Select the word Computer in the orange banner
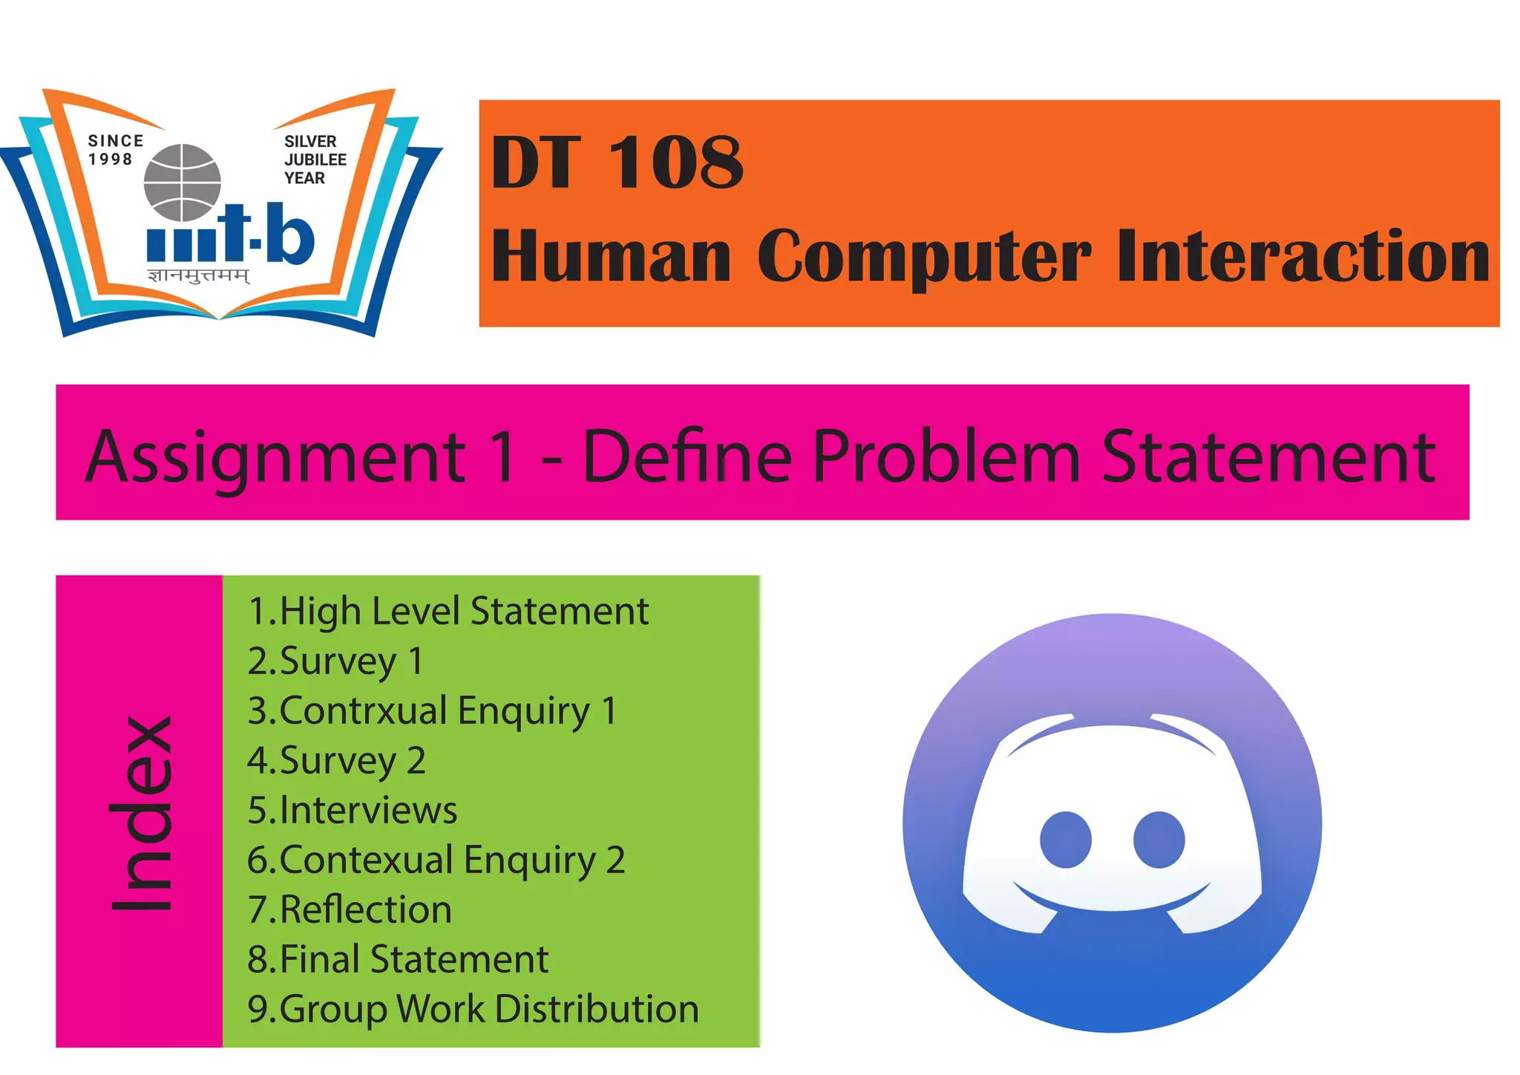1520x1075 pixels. pos(924,256)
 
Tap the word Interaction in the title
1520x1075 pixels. pos(1303,256)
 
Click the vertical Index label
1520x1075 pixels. pos(141,813)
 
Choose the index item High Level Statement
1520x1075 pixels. pos(448,611)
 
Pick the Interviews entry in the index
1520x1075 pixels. pos(353,810)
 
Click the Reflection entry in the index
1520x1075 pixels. pos(350,909)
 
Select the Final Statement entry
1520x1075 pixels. pos(398,959)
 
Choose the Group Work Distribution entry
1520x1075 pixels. pos(473,1009)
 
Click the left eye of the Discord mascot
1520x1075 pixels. pos(1065,840)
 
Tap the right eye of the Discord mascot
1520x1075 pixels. pos(1158,840)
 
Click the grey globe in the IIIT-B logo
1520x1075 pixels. pos(182,183)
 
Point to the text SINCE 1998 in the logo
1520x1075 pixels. pos(114,150)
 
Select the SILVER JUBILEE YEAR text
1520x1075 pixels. pos(315,160)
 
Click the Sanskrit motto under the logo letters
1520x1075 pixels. pos(199,277)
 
